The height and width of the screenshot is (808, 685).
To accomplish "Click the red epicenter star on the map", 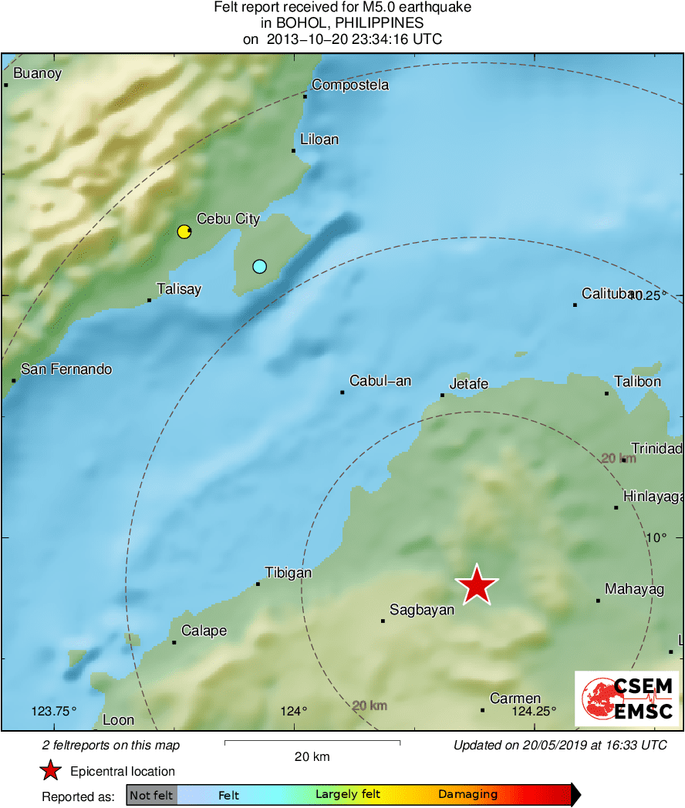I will click(477, 587).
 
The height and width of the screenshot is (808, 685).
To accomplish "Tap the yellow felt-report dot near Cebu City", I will click(184, 231).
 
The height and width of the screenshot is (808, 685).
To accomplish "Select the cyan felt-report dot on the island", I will click(259, 267).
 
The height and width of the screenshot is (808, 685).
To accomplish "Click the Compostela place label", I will click(350, 85).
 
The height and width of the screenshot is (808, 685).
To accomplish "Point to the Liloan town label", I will click(319, 140).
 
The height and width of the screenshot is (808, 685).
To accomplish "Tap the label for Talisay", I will click(178, 289).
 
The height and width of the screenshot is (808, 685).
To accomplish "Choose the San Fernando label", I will click(66, 369).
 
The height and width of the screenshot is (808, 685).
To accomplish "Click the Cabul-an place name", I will click(380, 381).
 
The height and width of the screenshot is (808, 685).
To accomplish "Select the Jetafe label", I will click(469, 384).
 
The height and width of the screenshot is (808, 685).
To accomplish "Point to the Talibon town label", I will click(637, 382).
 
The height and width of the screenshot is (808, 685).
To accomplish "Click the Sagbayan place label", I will click(422, 610).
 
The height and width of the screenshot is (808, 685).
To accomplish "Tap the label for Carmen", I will click(515, 699).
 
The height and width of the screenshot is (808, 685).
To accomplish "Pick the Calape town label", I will click(204, 631).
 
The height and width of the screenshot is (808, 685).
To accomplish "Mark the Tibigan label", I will click(289, 573).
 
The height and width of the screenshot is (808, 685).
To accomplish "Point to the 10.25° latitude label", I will click(646, 295).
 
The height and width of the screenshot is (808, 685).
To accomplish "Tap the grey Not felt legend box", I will click(152, 795).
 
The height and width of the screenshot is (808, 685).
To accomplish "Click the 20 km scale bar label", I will click(312, 756).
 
